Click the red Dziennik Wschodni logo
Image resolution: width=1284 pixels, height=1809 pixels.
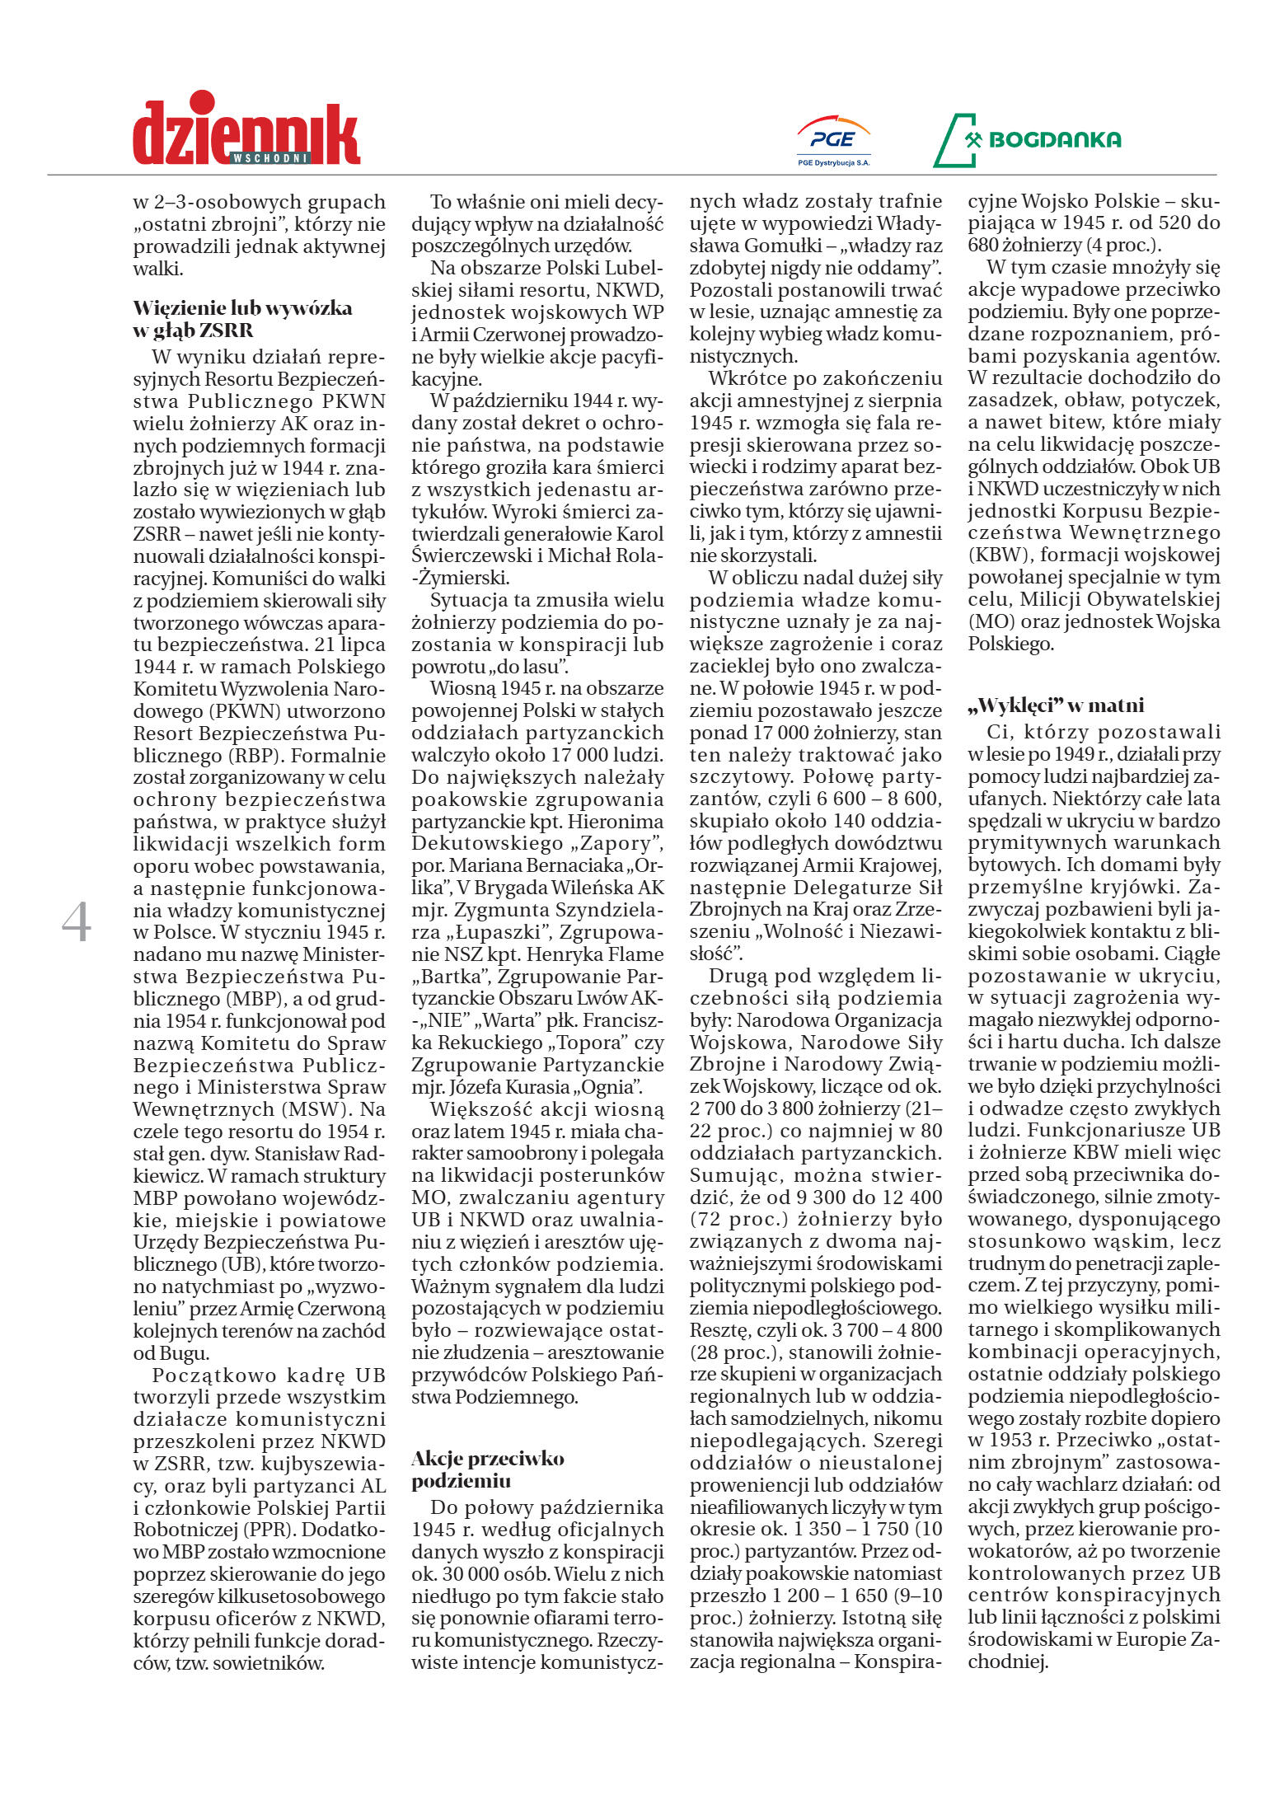(246, 130)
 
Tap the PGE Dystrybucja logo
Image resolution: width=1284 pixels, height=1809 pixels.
(833, 140)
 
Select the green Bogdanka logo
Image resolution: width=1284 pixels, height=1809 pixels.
(1027, 140)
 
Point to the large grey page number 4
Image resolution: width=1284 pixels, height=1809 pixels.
(77, 923)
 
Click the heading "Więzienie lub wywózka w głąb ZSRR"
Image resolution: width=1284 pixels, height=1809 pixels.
(242, 319)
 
